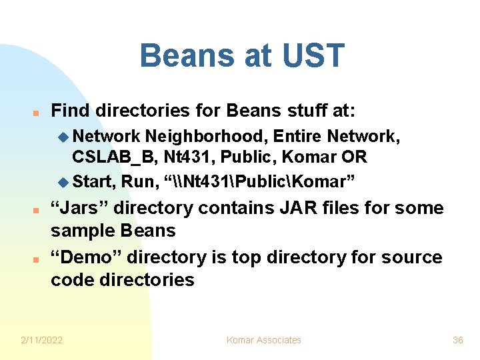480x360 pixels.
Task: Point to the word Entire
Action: (296, 137)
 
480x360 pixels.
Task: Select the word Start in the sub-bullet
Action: (94, 181)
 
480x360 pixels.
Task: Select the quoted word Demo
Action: (86, 257)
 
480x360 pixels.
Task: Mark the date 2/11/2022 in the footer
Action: (41, 340)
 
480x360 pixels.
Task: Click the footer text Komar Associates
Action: (263, 340)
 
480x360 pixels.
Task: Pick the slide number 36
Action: (457, 340)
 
